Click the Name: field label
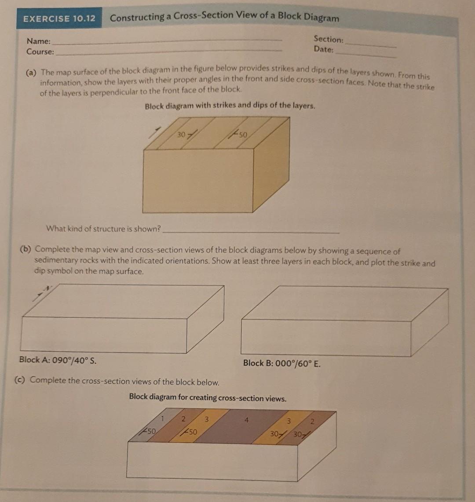pyautogui.click(x=39, y=41)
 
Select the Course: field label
pyautogui.click(x=40, y=52)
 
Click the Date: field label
pyautogui.click(x=324, y=49)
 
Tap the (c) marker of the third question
pyautogui.click(x=20, y=380)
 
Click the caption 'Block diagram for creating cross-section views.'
pyautogui.click(x=208, y=398)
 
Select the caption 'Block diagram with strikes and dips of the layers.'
pyautogui.click(x=230, y=105)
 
